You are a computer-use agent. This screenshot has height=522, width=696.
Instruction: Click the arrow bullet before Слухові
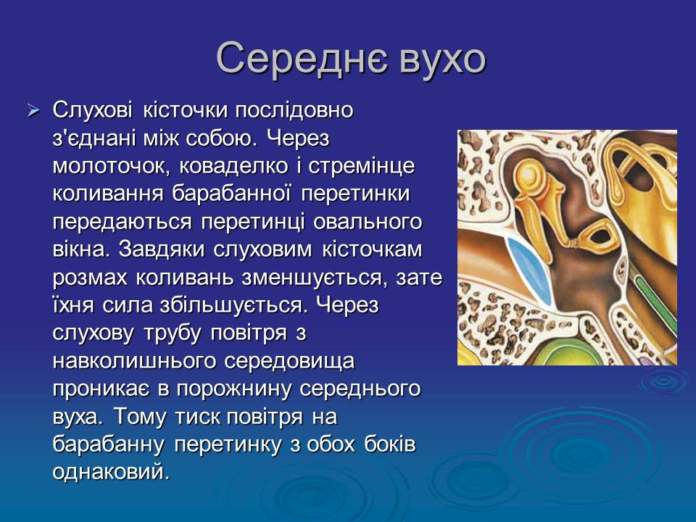(33, 110)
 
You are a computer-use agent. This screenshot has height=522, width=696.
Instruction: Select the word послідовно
(294, 110)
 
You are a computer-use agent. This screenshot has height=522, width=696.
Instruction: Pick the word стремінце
(361, 166)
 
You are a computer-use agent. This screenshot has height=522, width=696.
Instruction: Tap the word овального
(368, 222)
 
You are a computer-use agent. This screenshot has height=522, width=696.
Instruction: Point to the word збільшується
(233, 305)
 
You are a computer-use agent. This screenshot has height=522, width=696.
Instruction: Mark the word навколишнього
(135, 361)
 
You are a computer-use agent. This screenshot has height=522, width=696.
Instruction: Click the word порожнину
(235, 389)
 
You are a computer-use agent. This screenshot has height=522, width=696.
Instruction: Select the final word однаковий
(111, 472)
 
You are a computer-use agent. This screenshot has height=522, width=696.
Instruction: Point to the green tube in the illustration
(657, 304)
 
